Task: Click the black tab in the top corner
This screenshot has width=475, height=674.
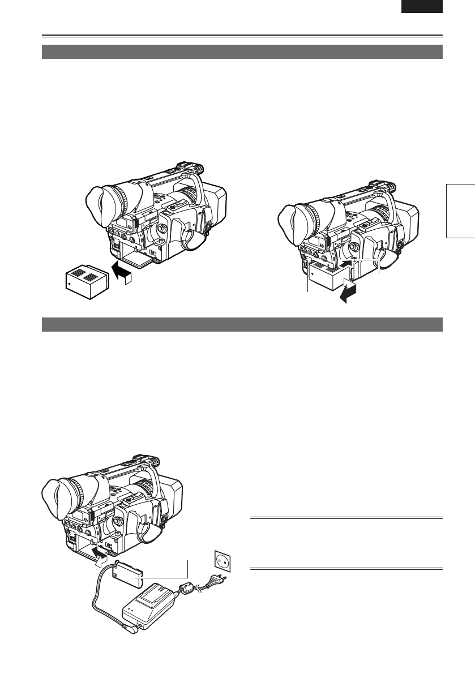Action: pyautogui.click(x=422, y=6)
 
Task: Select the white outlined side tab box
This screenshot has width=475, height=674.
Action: pyautogui.click(x=460, y=210)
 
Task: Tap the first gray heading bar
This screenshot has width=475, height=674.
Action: pyautogui.click(x=242, y=51)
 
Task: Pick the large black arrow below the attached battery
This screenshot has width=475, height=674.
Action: pyautogui.click(x=347, y=293)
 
